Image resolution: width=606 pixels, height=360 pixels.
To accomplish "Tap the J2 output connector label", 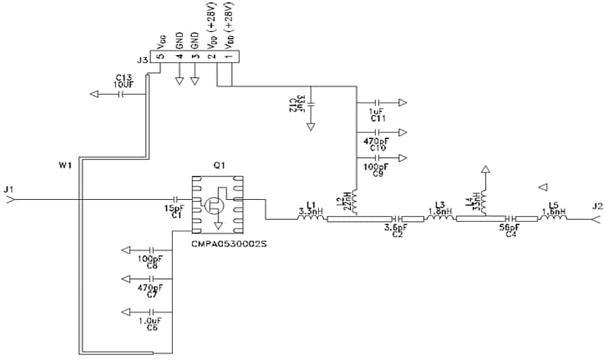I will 597,207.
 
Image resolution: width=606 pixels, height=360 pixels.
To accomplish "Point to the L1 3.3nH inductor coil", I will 310,218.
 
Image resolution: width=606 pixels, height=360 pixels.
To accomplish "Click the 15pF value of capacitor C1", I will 174,209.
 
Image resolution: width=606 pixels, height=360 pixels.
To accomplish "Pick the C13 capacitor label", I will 123,78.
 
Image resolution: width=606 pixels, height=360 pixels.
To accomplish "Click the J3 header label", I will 143,61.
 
